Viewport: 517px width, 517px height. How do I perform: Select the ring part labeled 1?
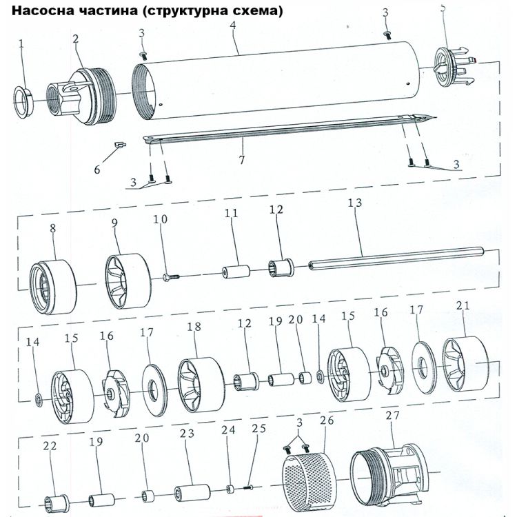[x=25, y=101]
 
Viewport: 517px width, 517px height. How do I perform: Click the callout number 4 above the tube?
[x=234, y=26]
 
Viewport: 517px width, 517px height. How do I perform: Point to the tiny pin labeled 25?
[x=250, y=488]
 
